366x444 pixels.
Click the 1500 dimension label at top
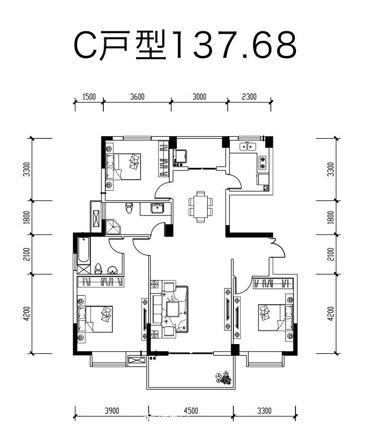tap(89, 97)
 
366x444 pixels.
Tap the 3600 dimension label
tap(137, 97)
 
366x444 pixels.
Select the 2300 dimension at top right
tap(249, 97)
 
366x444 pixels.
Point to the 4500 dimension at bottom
tap(191, 411)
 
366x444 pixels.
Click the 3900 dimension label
tap(112, 411)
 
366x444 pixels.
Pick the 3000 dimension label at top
tap(200, 97)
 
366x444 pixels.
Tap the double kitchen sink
tap(248, 147)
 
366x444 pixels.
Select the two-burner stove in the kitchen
tap(263, 162)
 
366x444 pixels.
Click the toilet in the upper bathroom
tap(129, 207)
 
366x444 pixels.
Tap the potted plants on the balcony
tap(224, 378)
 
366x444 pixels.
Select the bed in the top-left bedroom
tap(124, 166)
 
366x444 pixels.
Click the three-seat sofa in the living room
tap(157, 309)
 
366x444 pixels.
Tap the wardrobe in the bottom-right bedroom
tap(273, 284)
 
